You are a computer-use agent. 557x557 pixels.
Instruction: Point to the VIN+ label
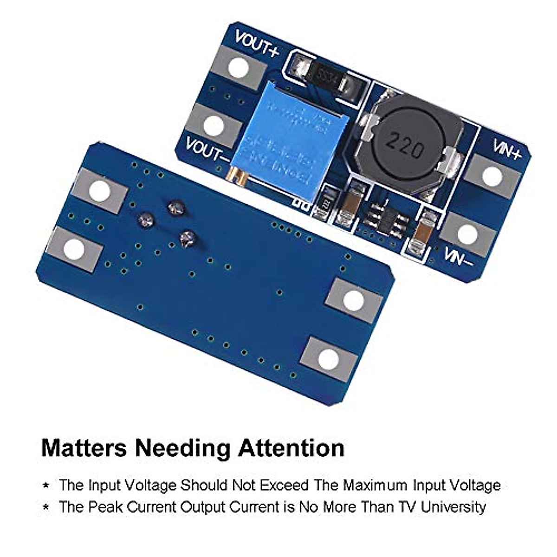coord(507,150)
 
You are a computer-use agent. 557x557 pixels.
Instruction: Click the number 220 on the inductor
coord(406,145)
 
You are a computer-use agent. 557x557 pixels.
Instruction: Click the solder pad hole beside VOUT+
coord(238,69)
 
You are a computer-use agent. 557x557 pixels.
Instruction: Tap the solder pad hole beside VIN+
coord(492,177)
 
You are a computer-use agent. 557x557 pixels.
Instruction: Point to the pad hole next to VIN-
coord(467,235)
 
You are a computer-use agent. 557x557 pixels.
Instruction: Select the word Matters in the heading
coord(84,448)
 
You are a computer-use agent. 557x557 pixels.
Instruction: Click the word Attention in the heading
coord(291,448)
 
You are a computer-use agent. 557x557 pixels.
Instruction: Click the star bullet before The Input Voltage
coord(46,486)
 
